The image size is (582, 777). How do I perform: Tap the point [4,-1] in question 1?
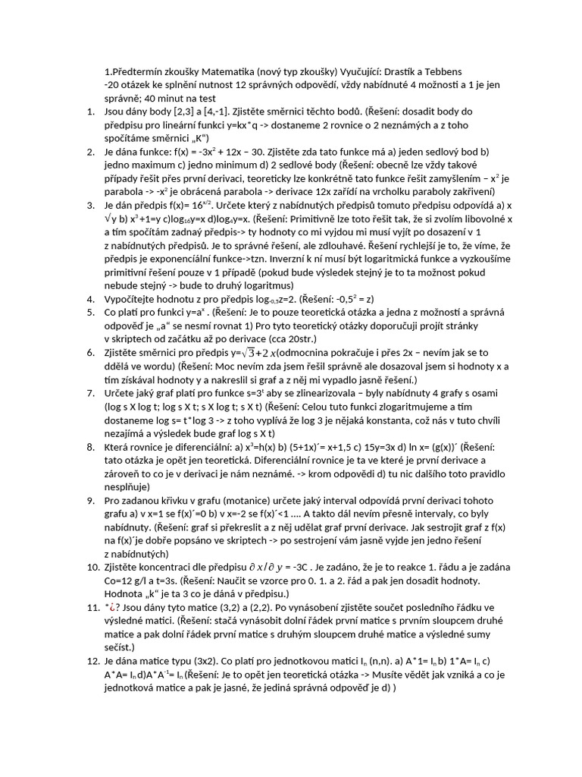[x=216, y=112]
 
